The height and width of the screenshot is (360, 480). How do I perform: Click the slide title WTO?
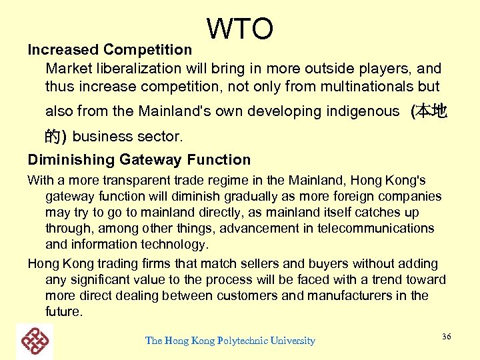click(x=240, y=29)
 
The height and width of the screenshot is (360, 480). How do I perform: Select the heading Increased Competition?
click(x=110, y=49)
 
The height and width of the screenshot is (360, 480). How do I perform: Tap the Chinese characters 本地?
click(x=431, y=111)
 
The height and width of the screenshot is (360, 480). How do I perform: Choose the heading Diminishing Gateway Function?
click(x=139, y=159)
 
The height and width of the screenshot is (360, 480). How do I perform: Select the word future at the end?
click(x=63, y=311)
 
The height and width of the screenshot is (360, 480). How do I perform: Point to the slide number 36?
click(x=446, y=337)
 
